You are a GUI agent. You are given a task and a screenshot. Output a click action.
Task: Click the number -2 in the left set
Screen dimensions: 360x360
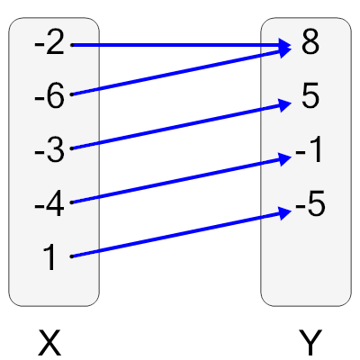coord(49,43)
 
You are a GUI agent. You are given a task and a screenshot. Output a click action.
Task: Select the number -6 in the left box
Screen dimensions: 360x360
coord(49,96)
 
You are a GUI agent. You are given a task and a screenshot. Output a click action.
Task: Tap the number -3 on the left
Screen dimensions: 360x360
coord(49,150)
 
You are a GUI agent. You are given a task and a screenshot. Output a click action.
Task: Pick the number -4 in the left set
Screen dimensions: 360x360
coord(49,204)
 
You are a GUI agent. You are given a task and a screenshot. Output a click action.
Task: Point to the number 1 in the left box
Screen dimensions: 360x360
coord(49,258)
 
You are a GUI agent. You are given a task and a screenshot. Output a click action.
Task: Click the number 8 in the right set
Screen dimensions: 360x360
coord(310,43)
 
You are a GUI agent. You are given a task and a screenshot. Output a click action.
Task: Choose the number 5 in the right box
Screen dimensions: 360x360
coord(310,97)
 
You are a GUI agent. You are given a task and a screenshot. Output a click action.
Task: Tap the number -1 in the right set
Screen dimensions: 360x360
coord(309,153)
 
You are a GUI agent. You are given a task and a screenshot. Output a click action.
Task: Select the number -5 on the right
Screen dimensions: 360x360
coord(309,207)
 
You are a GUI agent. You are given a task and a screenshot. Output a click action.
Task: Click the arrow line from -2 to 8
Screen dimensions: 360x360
coord(180,44)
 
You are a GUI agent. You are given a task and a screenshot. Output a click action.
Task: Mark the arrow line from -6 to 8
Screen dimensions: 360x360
coord(180,71)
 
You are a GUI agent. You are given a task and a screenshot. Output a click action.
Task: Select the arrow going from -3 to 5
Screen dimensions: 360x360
coord(180,126)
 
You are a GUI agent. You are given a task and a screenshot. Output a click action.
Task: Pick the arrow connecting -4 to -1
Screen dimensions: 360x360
coord(180,181)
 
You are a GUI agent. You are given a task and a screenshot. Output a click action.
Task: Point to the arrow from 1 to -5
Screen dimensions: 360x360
coord(180,235)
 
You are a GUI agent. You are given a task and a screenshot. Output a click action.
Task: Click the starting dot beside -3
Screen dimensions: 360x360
coord(71,148)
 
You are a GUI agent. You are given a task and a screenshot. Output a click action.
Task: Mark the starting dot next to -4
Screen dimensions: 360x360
coord(71,202)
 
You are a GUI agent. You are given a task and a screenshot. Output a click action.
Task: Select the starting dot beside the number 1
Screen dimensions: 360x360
coord(71,256)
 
